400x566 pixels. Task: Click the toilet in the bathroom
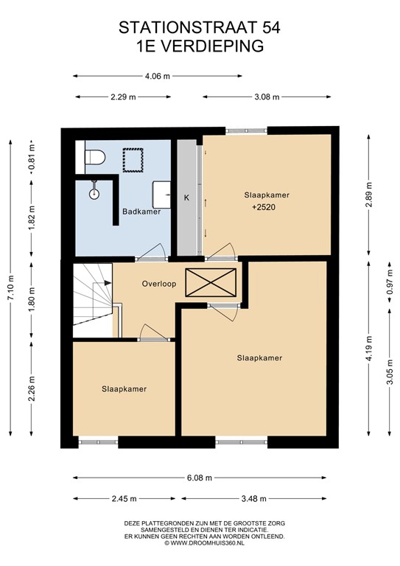pyautogui.click(x=95, y=158)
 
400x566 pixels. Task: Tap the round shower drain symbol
pyautogui.click(x=94, y=194)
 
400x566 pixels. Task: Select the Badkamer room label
pyautogui.click(x=141, y=212)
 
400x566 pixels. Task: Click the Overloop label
pyautogui.click(x=159, y=284)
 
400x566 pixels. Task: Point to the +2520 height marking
pyautogui.click(x=264, y=207)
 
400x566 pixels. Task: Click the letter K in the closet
pyautogui.click(x=186, y=198)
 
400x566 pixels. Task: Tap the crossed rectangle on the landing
pyautogui.click(x=211, y=282)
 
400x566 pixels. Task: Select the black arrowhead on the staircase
pyautogui.click(x=108, y=283)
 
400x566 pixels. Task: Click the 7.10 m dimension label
pyautogui.click(x=11, y=287)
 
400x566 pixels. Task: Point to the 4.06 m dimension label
pyautogui.click(x=157, y=76)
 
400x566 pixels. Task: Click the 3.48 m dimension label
pyautogui.click(x=253, y=499)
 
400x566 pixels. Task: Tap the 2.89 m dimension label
pyautogui.click(x=369, y=195)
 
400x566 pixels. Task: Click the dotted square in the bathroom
pyautogui.click(x=133, y=160)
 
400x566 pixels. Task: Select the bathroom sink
pyautogui.click(x=161, y=195)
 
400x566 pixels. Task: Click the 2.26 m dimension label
pyautogui.click(x=32, y=388)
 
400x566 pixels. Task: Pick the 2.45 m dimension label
pyautogui.click(x=124, y=499)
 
